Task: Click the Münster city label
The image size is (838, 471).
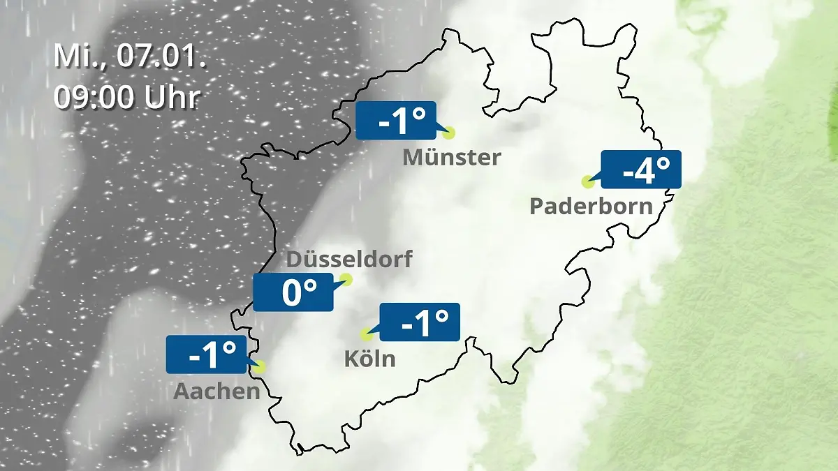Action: [451, 157]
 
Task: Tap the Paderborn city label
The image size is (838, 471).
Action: [591, 206]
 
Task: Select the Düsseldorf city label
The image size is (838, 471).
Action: [349, 260]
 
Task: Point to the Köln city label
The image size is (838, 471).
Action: [369, 359]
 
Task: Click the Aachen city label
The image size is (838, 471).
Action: [216, 391]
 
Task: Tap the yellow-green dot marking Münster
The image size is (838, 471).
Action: [448, 133]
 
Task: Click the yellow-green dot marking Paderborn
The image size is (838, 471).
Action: [587, 181]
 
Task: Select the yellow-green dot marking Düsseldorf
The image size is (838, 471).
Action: [345, 280]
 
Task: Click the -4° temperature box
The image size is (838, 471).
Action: [640, 170]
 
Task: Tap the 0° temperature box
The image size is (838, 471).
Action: [293, 292]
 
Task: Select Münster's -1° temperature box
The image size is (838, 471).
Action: [396, 121]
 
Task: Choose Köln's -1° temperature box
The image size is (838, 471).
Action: [420, 322]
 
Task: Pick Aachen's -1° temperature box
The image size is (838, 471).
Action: [207, 354]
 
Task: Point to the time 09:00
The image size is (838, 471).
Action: [94, 97]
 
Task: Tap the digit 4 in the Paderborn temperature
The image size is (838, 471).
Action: [644, 170]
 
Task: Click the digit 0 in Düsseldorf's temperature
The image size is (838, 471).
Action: [294, 292]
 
